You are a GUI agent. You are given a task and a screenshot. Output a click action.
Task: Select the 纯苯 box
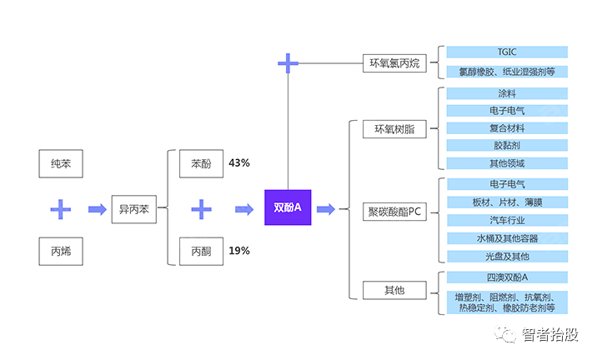(x=61, y=163)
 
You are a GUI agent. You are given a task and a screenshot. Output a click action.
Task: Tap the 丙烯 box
(x=61, y=250)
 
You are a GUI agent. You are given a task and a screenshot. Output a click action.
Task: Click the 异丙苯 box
(x=133, y=208)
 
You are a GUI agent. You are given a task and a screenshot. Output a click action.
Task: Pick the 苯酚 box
(x=201, y=163)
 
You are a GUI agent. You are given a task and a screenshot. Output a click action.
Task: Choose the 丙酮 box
(x=201, y=250)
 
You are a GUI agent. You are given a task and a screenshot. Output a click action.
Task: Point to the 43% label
(x=239, y=163)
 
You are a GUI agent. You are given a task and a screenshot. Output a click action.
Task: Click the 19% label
(x=239, y=250)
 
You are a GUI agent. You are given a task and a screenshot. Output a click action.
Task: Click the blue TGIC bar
(x=506, y=52)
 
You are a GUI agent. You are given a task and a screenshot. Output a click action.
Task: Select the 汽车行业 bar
(x=506, y=220)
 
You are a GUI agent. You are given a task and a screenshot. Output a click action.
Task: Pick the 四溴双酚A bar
(x=506, y=277)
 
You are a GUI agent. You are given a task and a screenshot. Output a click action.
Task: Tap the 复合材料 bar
(x=506, y=128)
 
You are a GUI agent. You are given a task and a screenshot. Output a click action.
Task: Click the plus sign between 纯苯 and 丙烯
(x=60, y=208)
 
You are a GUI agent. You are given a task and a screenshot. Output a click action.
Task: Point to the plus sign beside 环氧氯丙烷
(x=288, y=62)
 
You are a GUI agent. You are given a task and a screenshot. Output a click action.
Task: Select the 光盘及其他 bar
(x=506, y=257)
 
